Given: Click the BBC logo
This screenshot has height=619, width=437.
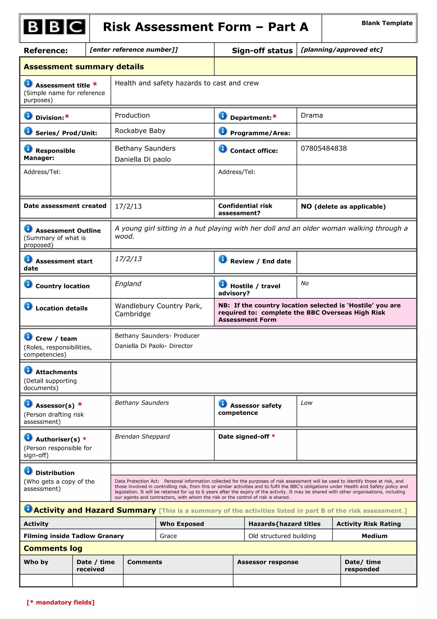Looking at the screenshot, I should coord(54,27).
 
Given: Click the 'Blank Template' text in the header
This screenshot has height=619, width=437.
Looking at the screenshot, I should coord(387,23).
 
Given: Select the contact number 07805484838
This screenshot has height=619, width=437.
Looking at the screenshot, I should coord(324,148).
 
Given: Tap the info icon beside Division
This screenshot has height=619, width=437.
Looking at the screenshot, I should coord(28,116).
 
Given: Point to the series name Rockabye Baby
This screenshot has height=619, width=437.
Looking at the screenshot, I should coord(140,131).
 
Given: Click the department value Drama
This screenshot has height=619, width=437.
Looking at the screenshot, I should coord(312,115).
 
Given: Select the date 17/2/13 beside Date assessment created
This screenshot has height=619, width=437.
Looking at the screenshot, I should coord(128,207).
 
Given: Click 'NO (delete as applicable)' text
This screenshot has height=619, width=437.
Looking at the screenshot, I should coord(343,207).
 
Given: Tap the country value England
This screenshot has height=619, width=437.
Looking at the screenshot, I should coord(128,284).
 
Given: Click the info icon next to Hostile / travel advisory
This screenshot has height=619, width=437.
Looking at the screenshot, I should coord(223,284).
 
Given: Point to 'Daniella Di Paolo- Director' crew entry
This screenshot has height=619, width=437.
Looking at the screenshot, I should coord(154,346).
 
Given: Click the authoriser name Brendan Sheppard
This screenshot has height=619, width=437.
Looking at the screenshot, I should coord(142,436).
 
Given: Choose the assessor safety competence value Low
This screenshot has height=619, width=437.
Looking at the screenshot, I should coord(306,403).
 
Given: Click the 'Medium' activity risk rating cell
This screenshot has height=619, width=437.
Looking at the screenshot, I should coord(374,536).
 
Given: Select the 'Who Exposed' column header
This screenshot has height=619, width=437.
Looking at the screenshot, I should coord(182,524).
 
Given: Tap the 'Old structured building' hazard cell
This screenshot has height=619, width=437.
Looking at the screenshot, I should coord(282,536).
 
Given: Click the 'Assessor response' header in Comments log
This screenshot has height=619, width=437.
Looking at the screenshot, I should coord(267,562).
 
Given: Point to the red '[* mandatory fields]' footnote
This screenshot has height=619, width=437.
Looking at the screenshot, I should coord(61,603).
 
